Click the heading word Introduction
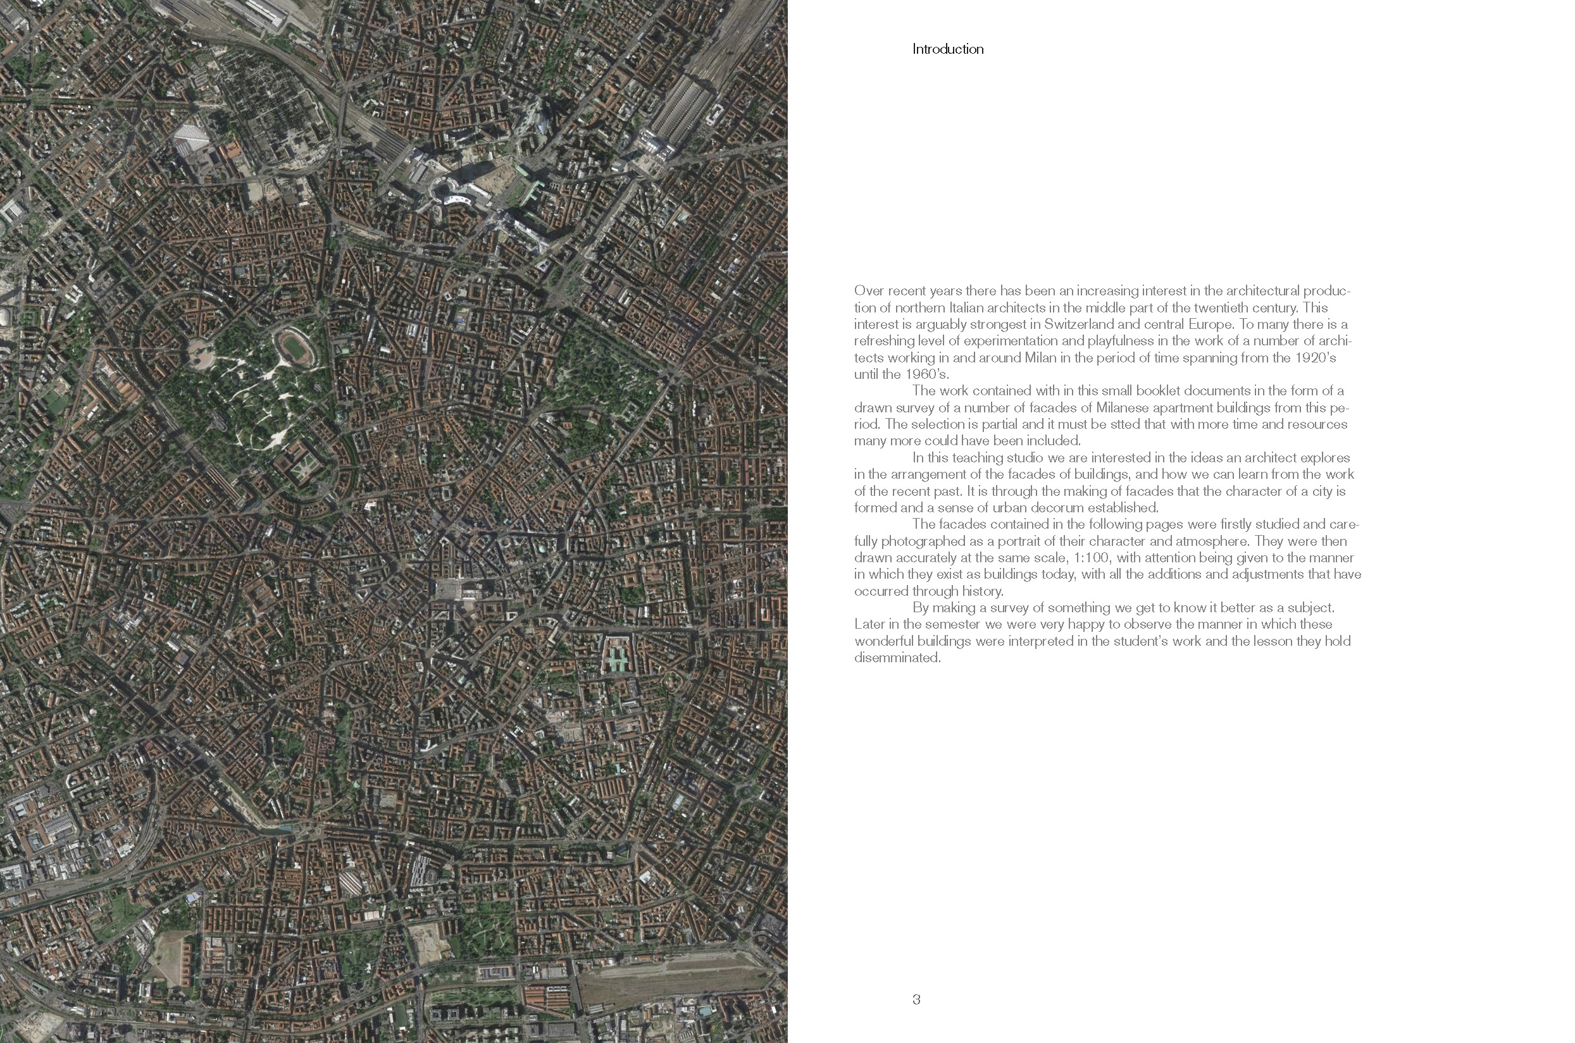pyautogui.click(x=947, y=49)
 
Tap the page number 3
pyautogui.click(x=916, y=999)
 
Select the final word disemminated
pyautogui.click(x=897, y=658)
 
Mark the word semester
pyautogui.click(x=947, y=625)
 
